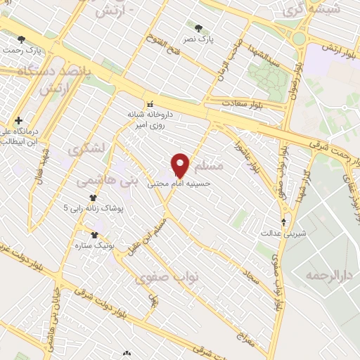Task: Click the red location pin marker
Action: (x=181, y=165)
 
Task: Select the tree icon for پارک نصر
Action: (x=200, y=29)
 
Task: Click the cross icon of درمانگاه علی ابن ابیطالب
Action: (x=18, y=120)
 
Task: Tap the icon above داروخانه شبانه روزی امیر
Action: (x=149, y=105)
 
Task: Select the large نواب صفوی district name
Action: (x=168, y=276)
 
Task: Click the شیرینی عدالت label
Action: (x=281, y=232)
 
